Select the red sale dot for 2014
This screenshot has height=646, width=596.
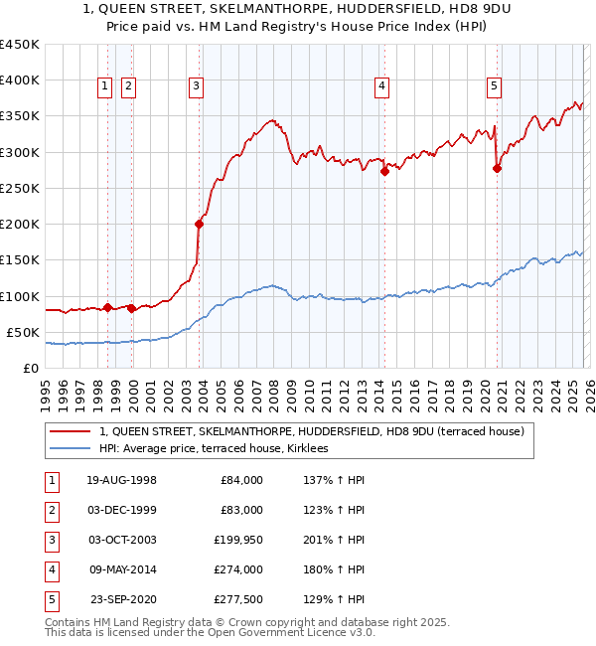tap(384, 171)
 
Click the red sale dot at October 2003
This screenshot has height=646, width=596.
tap(199, 224)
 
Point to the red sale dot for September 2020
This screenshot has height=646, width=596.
tap(497, 168)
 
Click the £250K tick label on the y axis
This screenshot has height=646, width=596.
tap(19, 188)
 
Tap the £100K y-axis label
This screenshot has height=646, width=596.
tap(19, 296)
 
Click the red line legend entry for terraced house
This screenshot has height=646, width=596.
tap(318, 431)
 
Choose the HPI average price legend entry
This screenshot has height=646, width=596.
tap(221, 449)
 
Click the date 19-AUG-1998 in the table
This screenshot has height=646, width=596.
tap(122, 480)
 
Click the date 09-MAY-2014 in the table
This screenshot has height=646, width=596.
tap(122, 569)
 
